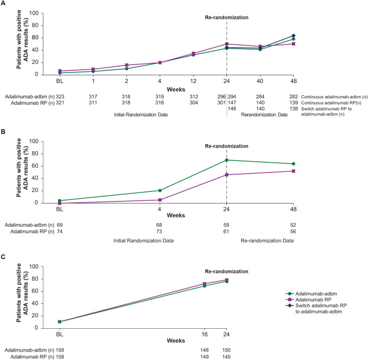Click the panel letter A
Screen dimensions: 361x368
[5, 4]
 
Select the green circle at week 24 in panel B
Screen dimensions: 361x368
[227, 160]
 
